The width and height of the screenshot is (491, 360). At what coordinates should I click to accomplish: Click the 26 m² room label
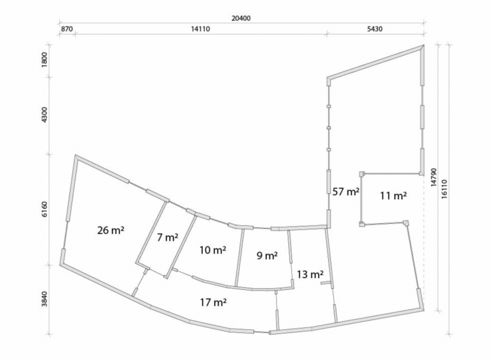click(111, 230)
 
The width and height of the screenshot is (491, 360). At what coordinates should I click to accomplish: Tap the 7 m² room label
click(168, 238)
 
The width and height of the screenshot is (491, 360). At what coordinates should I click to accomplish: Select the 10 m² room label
click(213, 250)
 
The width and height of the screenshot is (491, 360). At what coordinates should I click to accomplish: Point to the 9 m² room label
click(267, 256)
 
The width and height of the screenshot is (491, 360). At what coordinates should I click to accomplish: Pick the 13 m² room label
click(310, 274)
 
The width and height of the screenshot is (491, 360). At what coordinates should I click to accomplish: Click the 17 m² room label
click(213, 302)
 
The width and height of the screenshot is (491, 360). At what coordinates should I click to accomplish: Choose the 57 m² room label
click(346, 192)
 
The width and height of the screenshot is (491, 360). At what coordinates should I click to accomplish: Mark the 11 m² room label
click(393, 196)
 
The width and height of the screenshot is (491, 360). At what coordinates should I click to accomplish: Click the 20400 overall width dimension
click(241, 18)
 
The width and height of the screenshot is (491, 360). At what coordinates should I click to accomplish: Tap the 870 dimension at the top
click(67, 29)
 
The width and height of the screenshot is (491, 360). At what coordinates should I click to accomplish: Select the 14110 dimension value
click(201, 29)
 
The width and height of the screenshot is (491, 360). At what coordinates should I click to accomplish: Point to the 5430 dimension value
click(374, 29)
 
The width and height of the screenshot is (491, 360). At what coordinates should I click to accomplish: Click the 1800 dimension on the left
click(45, 60)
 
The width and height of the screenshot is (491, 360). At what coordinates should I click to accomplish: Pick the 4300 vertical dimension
click(45, 115)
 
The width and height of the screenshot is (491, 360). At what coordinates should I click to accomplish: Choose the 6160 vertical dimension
click(45, 209)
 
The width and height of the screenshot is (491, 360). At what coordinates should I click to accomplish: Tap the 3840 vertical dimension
click(45, 298)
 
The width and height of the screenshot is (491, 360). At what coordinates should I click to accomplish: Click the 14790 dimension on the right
click(433, 177)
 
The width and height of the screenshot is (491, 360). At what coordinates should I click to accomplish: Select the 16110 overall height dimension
click(445, 189)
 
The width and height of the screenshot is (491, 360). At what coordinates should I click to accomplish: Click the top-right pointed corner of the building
click(424, 45)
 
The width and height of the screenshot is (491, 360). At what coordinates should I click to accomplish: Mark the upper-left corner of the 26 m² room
click(75, 155)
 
